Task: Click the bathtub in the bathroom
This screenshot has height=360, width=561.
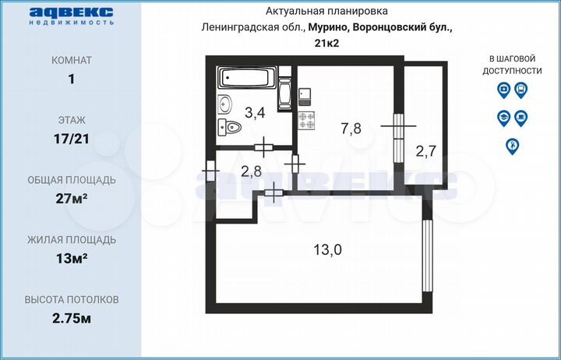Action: tap(247, 79)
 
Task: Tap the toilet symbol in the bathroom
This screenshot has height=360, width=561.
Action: tap(229, 128)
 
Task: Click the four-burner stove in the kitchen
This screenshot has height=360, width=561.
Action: tap(306, 121)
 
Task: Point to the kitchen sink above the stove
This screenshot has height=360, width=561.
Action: tap(306, 95)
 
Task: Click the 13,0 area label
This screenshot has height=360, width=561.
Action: tap(327, 249)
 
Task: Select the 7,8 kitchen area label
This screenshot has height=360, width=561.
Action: tap(350, 129)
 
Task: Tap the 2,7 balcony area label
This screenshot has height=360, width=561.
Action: tap(425, 151)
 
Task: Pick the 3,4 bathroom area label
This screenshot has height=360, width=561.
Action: tap(255, 113)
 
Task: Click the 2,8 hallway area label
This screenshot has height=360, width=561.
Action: tap(250, 172)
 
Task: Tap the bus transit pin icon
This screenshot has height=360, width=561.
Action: tap(521, 90)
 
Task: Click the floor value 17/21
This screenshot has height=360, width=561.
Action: tap(72, 139)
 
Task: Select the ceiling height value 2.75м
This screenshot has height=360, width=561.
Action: tap(72, 318)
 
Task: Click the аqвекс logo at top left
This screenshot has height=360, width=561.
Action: tap(72, 15)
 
